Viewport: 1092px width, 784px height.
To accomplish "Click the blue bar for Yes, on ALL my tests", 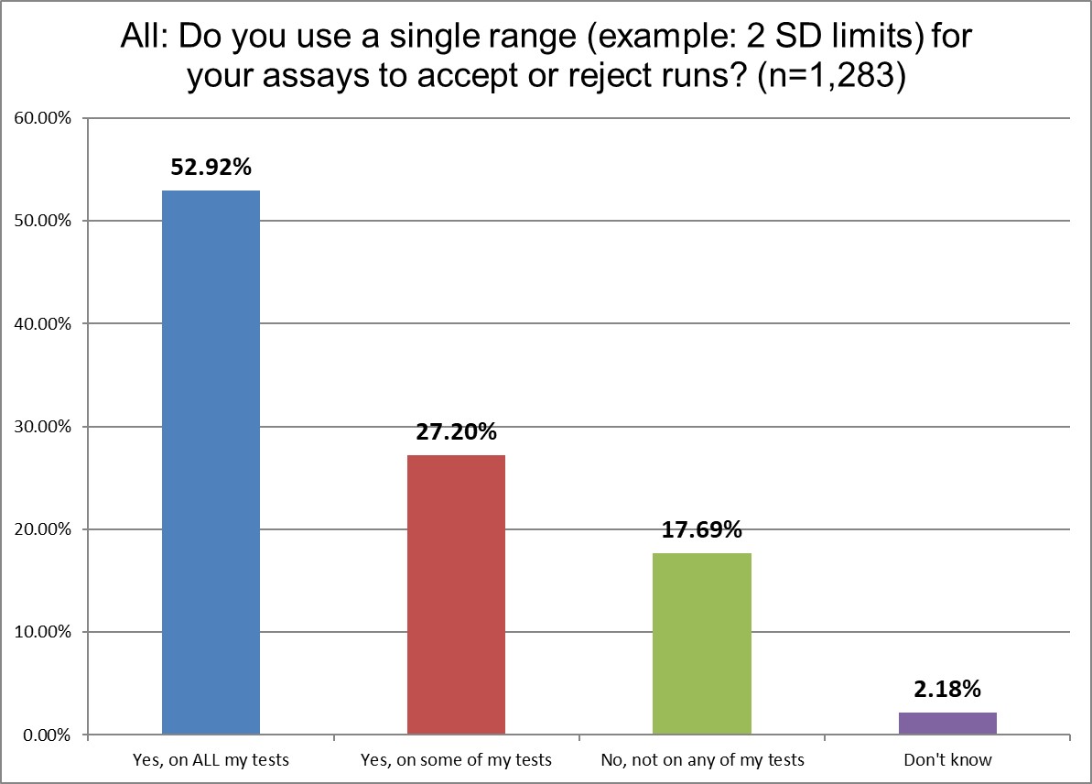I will (211, 463).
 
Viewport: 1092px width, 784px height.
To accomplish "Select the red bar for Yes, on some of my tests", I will (456, 594).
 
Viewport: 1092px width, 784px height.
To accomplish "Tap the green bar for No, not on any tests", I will (702, 643).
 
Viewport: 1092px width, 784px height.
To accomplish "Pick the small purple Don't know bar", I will (947, 724).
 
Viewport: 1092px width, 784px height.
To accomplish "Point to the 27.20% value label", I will (456, 431).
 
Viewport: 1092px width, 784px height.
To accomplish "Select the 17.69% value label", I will (702, 529).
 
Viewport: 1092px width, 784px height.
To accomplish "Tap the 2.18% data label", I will (947, 689).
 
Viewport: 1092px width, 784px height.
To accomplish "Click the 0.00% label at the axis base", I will (46, 735).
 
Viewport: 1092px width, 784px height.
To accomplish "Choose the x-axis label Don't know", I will (947, 760).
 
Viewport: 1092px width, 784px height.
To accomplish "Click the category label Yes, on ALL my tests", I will (211, 760).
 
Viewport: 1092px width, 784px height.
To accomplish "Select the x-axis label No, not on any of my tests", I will (702, 760).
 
